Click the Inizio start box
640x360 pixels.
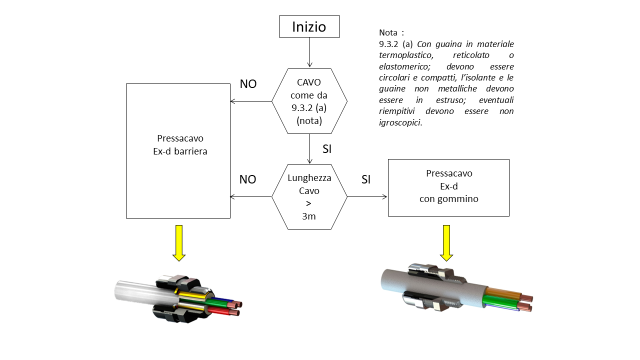point(309,26)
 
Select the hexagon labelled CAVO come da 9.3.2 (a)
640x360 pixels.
point(309,101)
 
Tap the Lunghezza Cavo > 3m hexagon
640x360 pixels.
point(309,196)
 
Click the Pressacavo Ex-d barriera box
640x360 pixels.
point(178,150)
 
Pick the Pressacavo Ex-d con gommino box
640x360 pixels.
point(448,187)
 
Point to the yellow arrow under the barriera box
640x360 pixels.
point(179,243)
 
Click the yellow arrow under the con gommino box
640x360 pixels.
point(446,243)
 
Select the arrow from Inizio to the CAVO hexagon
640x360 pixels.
point(309,52)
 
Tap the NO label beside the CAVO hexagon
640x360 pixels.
point(248,84)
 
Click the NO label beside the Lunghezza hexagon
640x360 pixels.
point(247,179)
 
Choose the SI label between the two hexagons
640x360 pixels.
point(327,149)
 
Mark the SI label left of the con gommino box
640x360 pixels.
point(366,179)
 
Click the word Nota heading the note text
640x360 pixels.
point(388,33)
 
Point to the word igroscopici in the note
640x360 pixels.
point(400,122)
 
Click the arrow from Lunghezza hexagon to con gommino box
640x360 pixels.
point(367,196)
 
